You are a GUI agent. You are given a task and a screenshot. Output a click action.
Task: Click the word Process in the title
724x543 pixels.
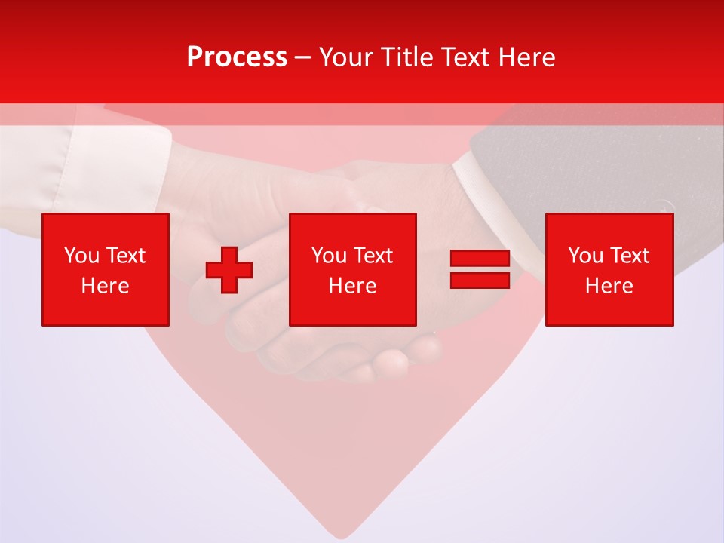click(237, 57)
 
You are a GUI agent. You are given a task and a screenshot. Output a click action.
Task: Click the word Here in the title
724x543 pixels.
click(527, 57)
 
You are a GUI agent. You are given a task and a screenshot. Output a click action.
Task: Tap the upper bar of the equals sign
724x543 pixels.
click(480, 258)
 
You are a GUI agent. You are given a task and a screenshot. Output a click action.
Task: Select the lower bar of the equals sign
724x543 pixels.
click(480, 280)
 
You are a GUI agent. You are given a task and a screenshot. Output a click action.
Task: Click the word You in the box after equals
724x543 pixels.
click(584, 256)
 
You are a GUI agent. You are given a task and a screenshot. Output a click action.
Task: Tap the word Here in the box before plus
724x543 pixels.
click(105, 286)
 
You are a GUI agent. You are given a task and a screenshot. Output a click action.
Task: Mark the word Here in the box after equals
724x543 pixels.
click(609, 286)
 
